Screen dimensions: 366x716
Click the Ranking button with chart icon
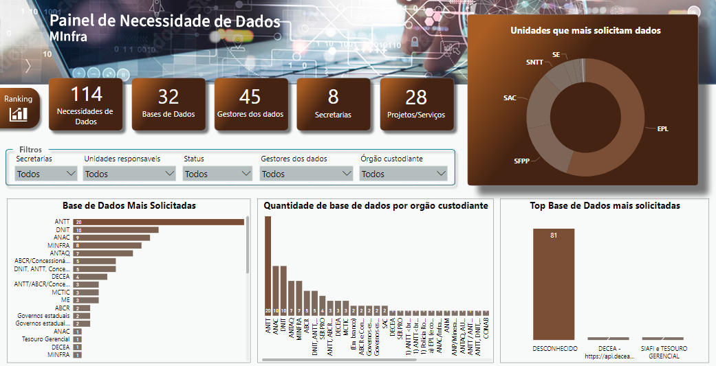click(19, 108)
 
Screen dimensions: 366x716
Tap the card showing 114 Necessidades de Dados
click(86, 104)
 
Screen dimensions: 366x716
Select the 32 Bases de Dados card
click(169, 104)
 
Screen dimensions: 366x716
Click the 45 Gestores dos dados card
click(250, 104)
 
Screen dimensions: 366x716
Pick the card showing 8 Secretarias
click(333, 104)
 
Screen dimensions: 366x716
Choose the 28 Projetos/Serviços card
click(416, 104)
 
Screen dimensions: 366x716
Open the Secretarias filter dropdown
click(46, 174)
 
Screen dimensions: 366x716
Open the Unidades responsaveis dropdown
click(130, 174)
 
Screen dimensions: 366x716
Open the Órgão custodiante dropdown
click(403, 174)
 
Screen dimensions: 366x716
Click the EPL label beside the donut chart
click(662, 128)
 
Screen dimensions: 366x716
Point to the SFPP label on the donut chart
click(521, 161)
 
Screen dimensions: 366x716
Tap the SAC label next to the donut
click(510, 98)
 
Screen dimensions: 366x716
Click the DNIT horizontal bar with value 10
click(117, 230)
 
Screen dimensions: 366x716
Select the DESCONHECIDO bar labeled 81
click(554, 283)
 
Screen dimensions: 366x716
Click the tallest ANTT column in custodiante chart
click(268, 264)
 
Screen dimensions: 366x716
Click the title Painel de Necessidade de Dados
click(165, 21)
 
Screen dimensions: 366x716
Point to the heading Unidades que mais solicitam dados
click(585, 30)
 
